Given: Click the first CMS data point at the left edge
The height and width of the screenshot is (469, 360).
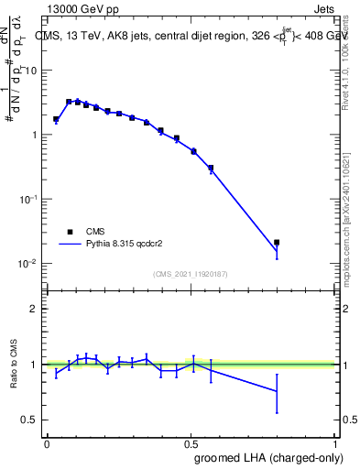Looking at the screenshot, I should pos(56,119).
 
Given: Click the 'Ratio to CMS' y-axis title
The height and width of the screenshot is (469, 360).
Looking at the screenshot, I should pos(15,365).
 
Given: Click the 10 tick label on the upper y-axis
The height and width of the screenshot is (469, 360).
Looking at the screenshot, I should pos(31,71).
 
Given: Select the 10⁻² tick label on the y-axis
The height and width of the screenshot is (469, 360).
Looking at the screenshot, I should pos(29,263).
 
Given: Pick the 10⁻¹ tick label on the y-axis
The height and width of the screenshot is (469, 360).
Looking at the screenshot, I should pos(29,199).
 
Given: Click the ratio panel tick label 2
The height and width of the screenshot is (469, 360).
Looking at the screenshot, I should pos(34,310).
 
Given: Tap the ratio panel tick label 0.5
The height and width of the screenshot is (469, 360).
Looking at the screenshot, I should pos(30,420).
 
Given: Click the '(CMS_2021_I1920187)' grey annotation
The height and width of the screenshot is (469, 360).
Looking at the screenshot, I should pos(191,274).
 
